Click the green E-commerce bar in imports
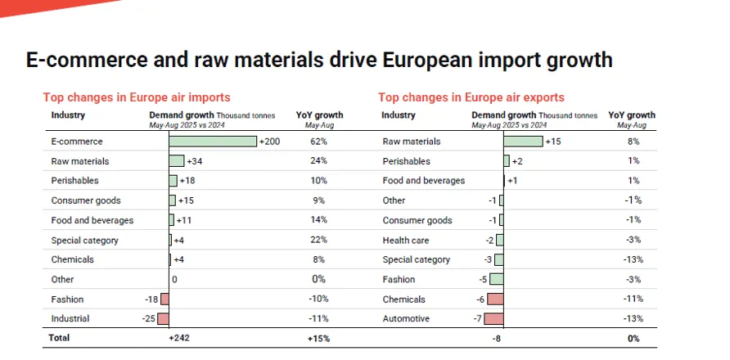(x=213, y=142)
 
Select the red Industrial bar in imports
(x=164, y=318)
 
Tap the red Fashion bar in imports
(x=165, y=299)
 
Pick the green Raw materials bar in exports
(x=523, y=142)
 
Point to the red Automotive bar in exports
(x=494, y=318)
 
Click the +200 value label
(x=269, y=142)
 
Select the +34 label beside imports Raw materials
(x=194, y=161)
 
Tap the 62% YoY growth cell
(x=318, y=142)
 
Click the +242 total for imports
(x=179, y=338)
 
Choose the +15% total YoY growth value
(x=318, y=338)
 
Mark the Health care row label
(x=406, y=240)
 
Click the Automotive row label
(x=406, y=318)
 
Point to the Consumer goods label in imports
(x=86, y=200)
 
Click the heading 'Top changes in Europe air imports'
(x=137, y=97)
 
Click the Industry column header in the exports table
(x=399, y=115)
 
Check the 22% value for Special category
(x=318, y=240)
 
